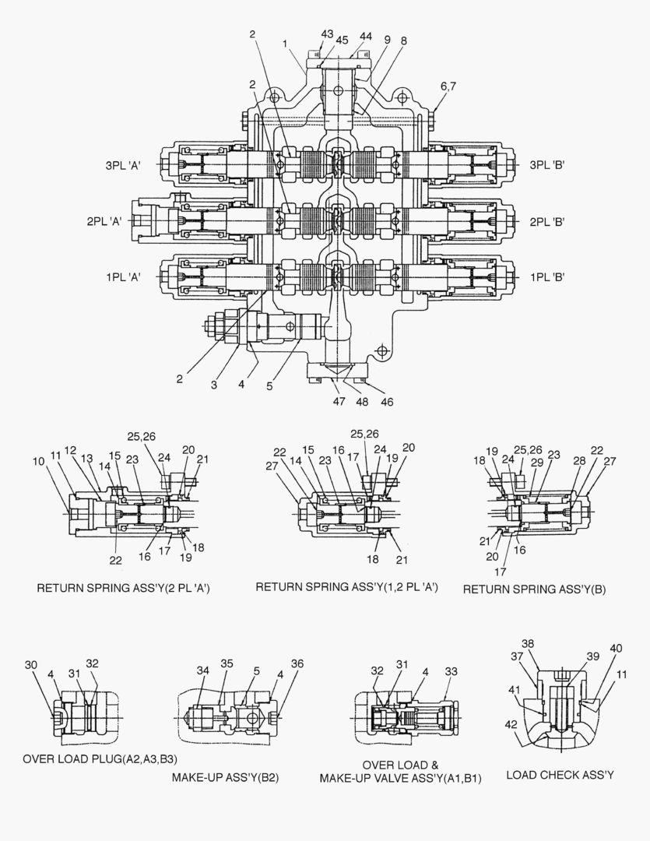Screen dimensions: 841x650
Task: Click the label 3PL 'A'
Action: pyautogui.click(x=123, y=165)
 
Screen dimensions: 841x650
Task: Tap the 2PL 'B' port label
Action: pyautogui.click(x=546, y=221)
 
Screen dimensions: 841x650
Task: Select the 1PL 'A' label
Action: pyautogui.click(x=123, y=277)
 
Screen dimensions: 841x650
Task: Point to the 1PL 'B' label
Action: pyautogui.click(x=546, y=277)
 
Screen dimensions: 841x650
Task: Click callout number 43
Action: pyautogui.click(x=327, y=34)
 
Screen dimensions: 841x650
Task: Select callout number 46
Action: pyautogui.click(x=386, y=402)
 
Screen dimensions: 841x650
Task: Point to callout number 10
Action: pyautogui.click(x=40, y=462)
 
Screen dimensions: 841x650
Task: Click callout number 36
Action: pyautogui.click(x=297, y=663)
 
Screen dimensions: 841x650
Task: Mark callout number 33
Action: pyautogui.click(x=450, y=671)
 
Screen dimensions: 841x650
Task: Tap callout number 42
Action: pyautogui.click(x=510, y=724)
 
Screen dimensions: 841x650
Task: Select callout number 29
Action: pyautogui.click(x=537, y=463)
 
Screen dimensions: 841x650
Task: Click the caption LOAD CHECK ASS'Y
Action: pyautogui.click(x=560, y=774)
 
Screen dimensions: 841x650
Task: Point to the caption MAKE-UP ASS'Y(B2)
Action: pyautogui.click(x=225, y=777)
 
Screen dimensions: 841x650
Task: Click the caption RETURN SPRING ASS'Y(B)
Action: pyautogui.click(x=534, y=589)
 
